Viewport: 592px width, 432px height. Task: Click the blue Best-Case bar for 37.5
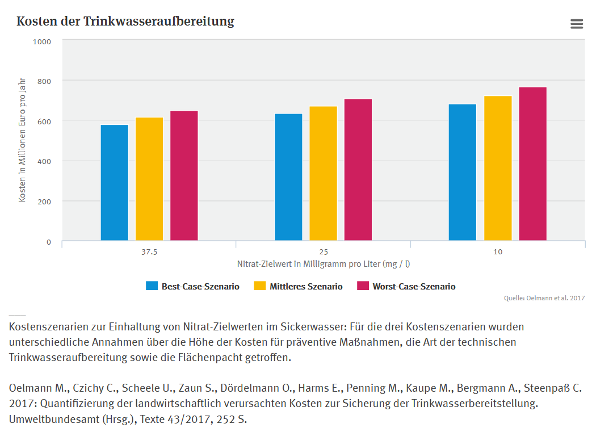pyautogui.click(x=115, y=183)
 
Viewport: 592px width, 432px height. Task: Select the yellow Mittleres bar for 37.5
pyautogui.click(x=149, y=179)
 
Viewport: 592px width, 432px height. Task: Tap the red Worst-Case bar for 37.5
pyautogui.click(x=184, y=175)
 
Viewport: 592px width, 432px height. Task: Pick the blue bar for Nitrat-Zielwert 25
pyautogui.click(x=288, y=177)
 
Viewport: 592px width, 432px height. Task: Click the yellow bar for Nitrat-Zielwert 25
pyautogui.click(x=323, y=173)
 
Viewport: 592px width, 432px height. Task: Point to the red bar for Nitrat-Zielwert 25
pyautogui.click(x=358, y=170)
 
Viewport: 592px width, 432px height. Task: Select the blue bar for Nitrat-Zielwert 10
pyautogui.click(x=463, y=173)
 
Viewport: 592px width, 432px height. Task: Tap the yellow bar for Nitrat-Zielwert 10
pyautogui.click(x=498, y=168)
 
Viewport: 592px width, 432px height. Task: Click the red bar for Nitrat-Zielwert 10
pyautogui.click(x=532, y=164)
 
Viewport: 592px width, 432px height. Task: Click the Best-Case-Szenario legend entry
pyautogui.click(x=192, y=287)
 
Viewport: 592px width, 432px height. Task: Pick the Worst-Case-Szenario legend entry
pyautogui.click(x=406, y=287)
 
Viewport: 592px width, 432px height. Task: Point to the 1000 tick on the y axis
pyautogui.click(x=42, y=41)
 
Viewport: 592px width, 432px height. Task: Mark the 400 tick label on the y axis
pyautogui.click(x=44, y=161)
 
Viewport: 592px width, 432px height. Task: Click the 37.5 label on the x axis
pyautogui.click(x=149, y=252)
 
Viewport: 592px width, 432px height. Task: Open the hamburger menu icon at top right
pyautogui.click(x=577, y=23)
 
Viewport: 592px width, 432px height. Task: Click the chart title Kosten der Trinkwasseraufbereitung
pyautogui.click(x=125, y=22)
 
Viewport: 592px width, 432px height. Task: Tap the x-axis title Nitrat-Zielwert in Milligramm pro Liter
pyautogui.click(x=324, y=264)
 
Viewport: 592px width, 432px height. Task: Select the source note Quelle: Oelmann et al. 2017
pyautogui.click(x=544, y=298)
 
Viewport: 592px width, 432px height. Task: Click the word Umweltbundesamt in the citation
pyautogui.click(x=43, y=420)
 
